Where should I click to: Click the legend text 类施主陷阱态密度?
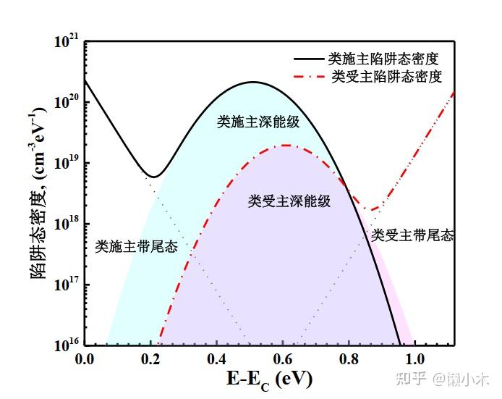pyautogui.click(x=383, y=57)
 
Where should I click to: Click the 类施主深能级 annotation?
pyautogui.click(x=258, y=122)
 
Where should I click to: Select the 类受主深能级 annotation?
pyautogui.click(x=289, y=201)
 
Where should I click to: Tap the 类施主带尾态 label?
pyautogui.click(x=136, y=247)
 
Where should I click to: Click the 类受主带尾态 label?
pyautogui.click(x=412, y=235)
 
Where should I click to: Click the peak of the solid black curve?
pyautogui.click(x=253, y=82)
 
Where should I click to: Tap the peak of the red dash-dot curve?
pyautogui.click(x=286, y=146)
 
